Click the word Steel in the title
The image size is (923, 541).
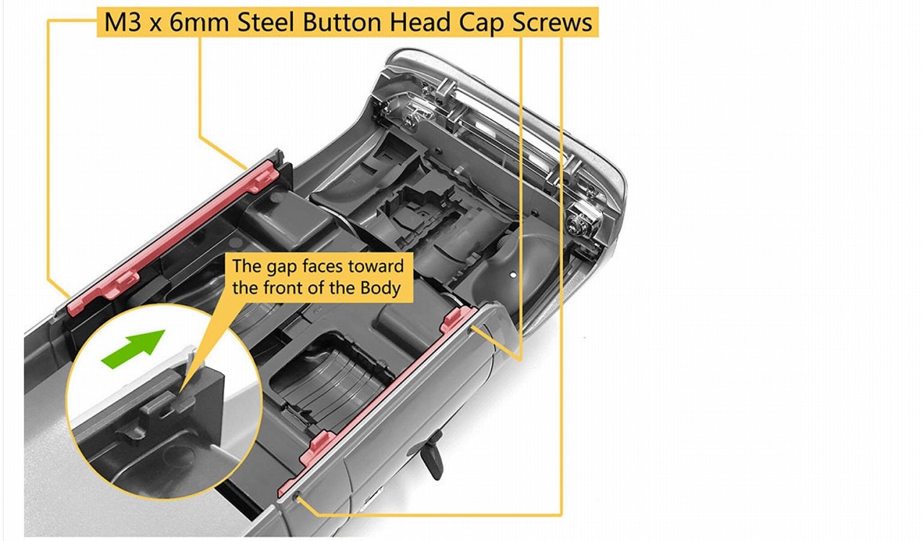[266, 22]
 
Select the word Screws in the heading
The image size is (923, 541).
[552, 22]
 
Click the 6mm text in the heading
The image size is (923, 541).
[199, 22]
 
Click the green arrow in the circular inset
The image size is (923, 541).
[133, 349]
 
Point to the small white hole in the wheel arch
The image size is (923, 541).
[513, 274]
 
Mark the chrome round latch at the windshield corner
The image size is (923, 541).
[581, 220]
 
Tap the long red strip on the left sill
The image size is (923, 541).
[173, 238]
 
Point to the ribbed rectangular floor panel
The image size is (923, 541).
[330, 382]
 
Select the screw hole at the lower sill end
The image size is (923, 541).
[296, 498]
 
